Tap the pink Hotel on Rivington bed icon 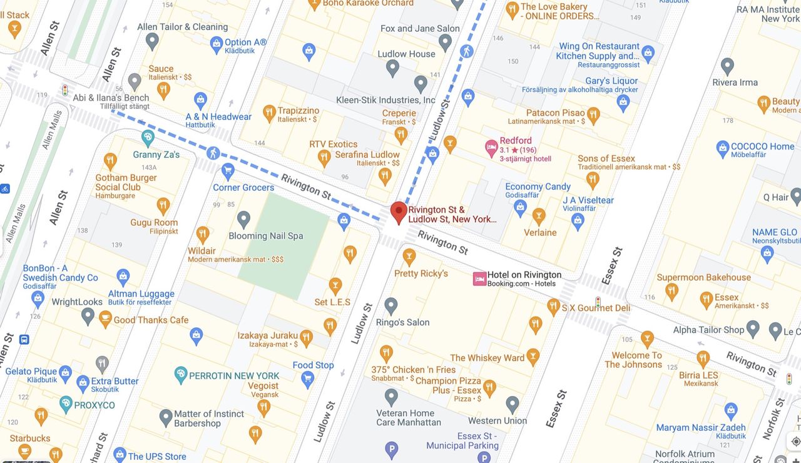click(x=479, y=279)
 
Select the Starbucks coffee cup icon click(x=25, y=450)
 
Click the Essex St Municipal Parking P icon click(x=392, y=448)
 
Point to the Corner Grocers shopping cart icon click(x=228, y=170)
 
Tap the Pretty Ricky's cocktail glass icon click(x=409, y=256)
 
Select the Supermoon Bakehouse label click(x=703, y=277)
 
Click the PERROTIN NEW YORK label click(x=234, y=375)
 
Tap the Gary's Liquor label click(x=611, y=81)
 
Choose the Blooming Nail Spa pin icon click(x=243, y=219)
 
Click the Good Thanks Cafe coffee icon click(x=106, y=319)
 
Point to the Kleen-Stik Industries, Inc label click(x=385, y=100)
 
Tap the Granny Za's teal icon click(x=148, y=136)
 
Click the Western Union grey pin click(x=513, y=404)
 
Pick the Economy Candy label click(x=538, y=186)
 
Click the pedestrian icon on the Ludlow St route click(x=466, y=51)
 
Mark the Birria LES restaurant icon click(x=703, y=359)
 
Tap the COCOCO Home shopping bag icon click(x=723, y=149)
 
